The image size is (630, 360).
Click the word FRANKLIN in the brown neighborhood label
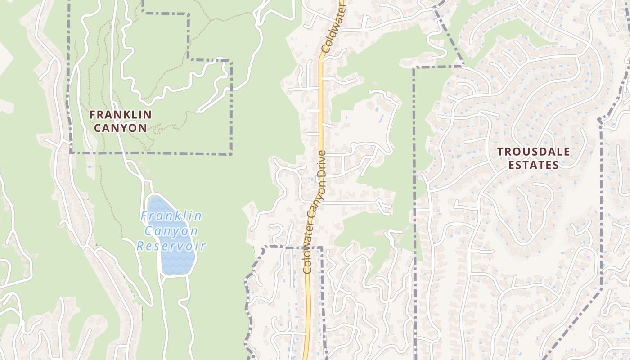pyautogui.click(x=120, y=115)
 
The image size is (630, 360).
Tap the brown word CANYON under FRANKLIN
pyautogui.click(x=120, y=128)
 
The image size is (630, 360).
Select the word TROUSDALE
pyautogui.click(x=534, y=152)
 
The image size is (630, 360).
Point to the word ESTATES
pyautogui.click(x=534, y=165)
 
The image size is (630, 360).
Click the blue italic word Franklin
pyautogui.click(x=171, y=216)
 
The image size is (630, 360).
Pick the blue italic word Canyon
pyautogui.click(x=171, y=231)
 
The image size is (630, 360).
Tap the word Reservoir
pyautogui.click(x=171, y=246)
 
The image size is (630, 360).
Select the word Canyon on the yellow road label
pyautogui.click(x=315, y=207)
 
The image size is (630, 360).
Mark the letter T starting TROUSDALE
pyautogui.click(x=500, y=152)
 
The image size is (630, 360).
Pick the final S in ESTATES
pyautogui.click(x=556, y=165)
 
